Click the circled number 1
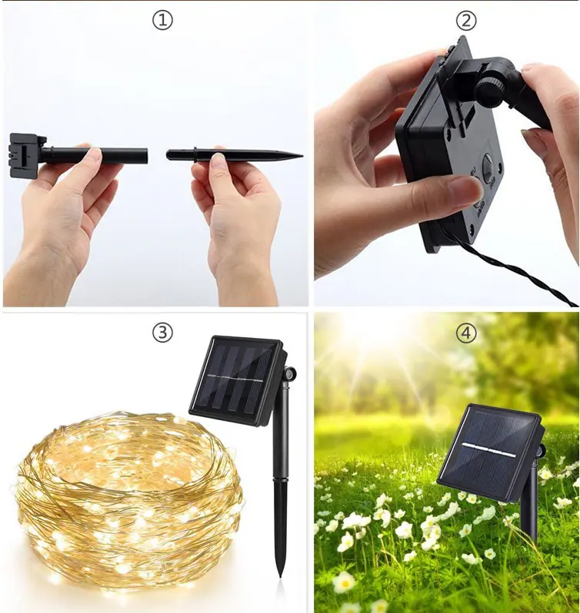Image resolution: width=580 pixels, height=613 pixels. [162, 21]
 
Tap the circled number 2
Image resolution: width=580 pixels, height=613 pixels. [465, 21]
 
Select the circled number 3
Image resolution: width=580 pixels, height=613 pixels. [162, 333]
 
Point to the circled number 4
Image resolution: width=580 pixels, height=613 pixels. [465, 333]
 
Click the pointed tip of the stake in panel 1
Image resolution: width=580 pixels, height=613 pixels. [302, 156]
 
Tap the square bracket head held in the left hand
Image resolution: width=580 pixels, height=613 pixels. [26, 155]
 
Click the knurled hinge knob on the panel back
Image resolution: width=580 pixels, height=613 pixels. [490, 91]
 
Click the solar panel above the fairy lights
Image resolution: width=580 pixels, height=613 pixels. [236, 380]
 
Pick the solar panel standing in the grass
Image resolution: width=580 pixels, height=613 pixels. [489, 452]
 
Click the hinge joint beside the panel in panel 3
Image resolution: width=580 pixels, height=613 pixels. [291, 374]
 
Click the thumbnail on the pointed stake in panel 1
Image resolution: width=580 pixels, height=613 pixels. [218, 157]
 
